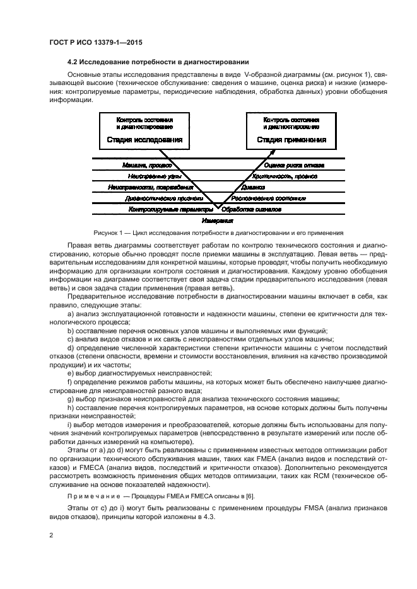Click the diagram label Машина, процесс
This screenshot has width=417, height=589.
[148, 165]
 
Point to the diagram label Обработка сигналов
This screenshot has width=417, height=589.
[255, 209]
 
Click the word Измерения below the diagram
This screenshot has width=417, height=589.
[218, 221]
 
